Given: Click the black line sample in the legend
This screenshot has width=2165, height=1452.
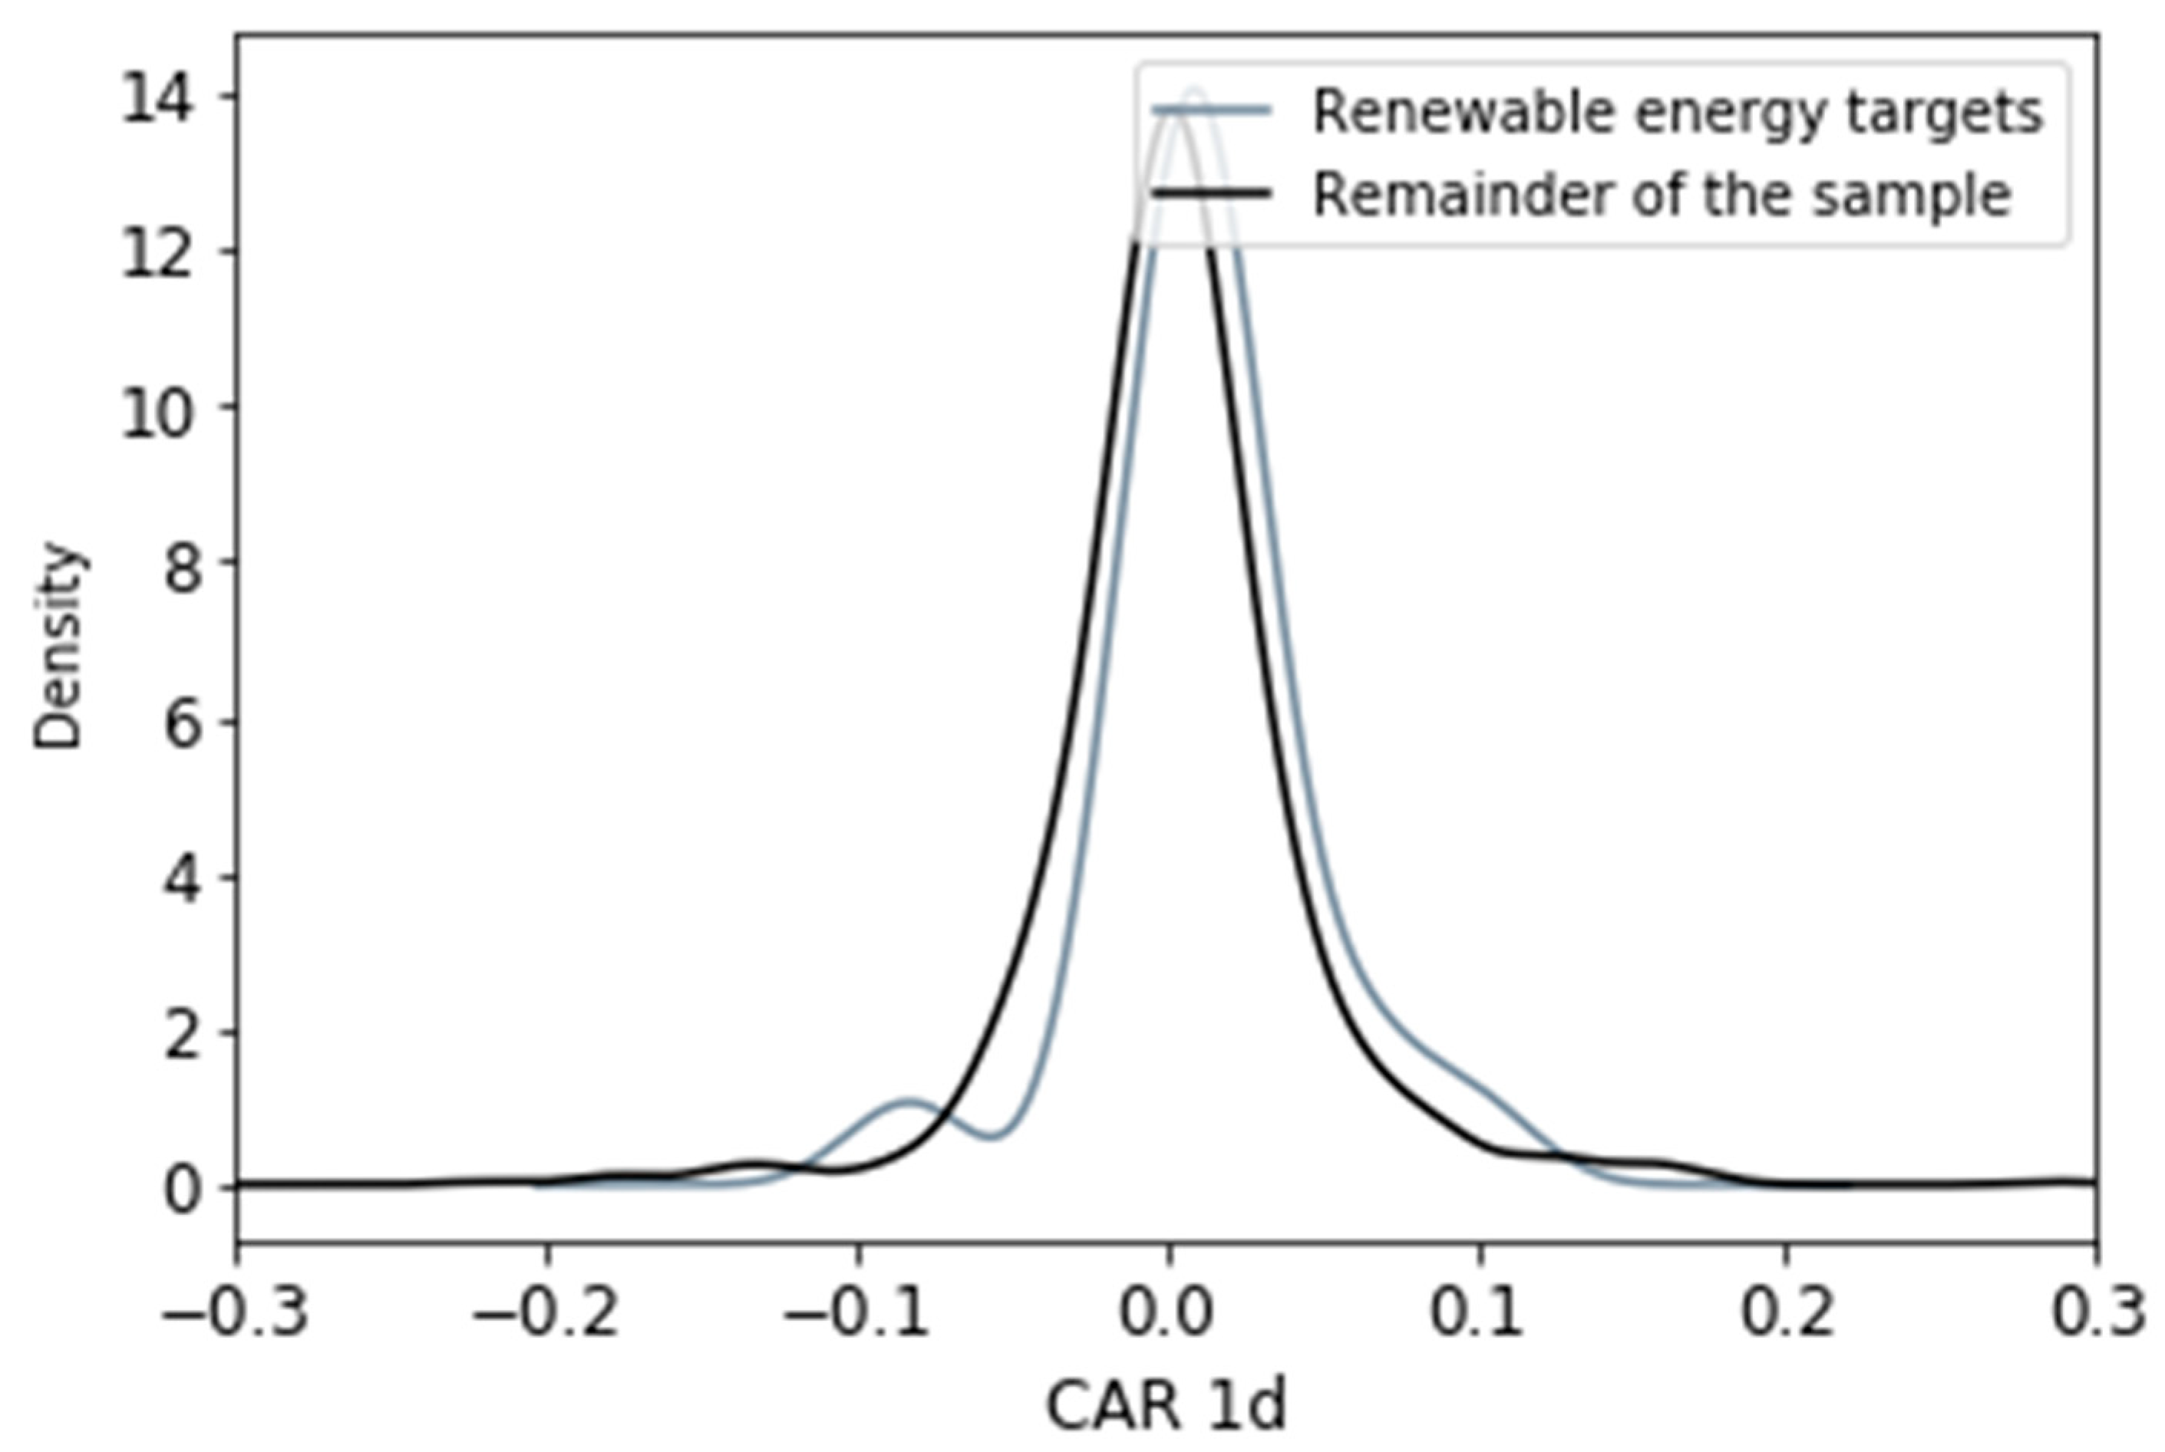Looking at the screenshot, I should [x=1212, y=193].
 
